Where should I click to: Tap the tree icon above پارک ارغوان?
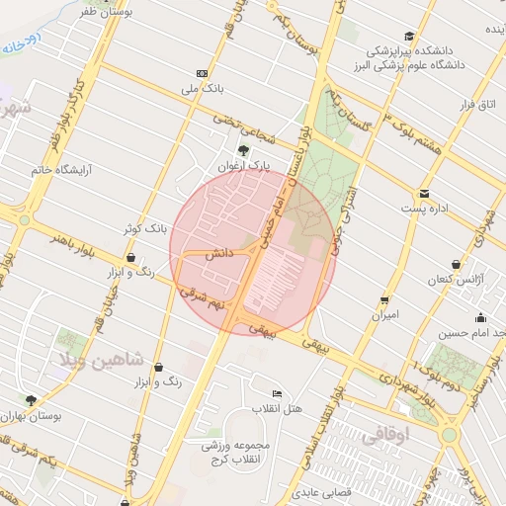[x=243, y=150]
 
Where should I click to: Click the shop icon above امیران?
[x=384, y=299]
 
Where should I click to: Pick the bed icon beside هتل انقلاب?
[x=277, y=393]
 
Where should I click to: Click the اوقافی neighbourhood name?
[x=382, y=433]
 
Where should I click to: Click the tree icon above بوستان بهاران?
[x=31, y=400]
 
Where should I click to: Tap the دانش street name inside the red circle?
[x=218, y=254]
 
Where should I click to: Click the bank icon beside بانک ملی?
[x=202, y=73]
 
